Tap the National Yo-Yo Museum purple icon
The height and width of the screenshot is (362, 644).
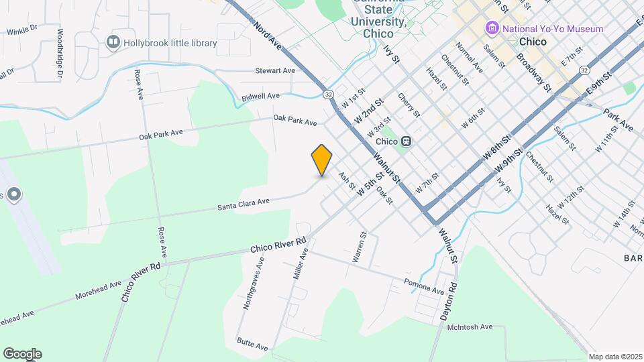tap(492, 29)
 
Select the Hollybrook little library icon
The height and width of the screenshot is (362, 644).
tap(113, 43)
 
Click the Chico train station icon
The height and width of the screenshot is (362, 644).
tap(407, 141)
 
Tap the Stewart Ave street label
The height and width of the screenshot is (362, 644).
tap(275, 70)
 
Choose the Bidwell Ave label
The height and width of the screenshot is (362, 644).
tap(260, 97)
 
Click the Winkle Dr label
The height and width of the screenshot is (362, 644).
tap(22, 32)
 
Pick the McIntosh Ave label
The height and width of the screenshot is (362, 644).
tap(470, 327)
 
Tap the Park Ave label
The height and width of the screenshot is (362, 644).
tap(618, 119)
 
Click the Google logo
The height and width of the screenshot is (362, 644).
tap(22, 354)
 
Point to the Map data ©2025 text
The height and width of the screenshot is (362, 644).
tap(615, 357)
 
